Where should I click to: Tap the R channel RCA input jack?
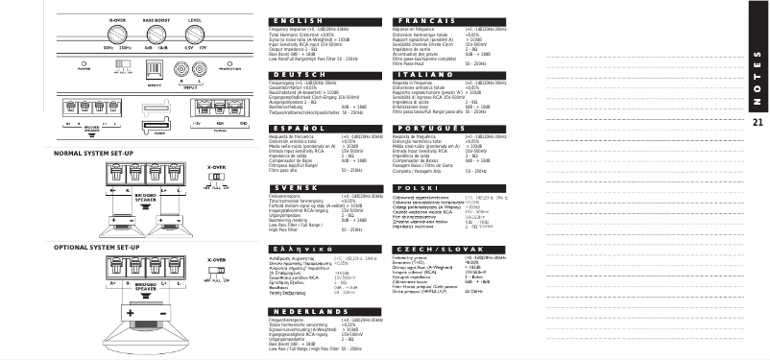(x=182, y=69)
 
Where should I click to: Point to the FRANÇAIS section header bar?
(x=430, y=20)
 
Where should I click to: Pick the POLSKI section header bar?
(x=430, y=187)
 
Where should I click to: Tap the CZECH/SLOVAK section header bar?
(x=430, y=249)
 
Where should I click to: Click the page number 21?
(x=758, y=122)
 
